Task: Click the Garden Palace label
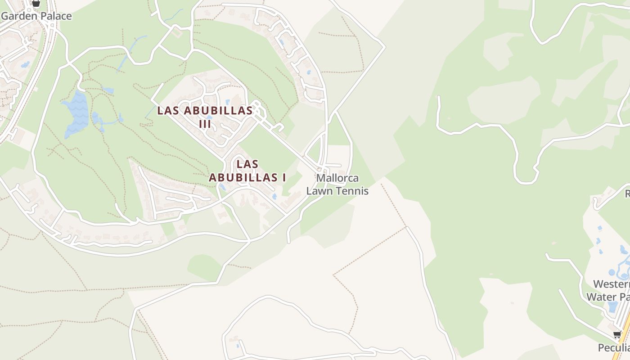click(36, 16)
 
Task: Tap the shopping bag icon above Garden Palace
click(36, 3)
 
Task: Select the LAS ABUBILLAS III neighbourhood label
click(205, 117)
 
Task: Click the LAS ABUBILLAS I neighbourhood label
click(247, 171)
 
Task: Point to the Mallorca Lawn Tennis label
click(337, 184)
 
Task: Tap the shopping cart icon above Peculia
click(617, 335)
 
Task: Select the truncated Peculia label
click(613, 348)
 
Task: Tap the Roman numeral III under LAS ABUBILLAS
click(205, 123)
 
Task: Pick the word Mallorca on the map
click(337, 178)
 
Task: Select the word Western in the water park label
click(611, 284)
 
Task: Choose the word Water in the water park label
click(602, 297)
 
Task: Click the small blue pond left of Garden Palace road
click(25, 65)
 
